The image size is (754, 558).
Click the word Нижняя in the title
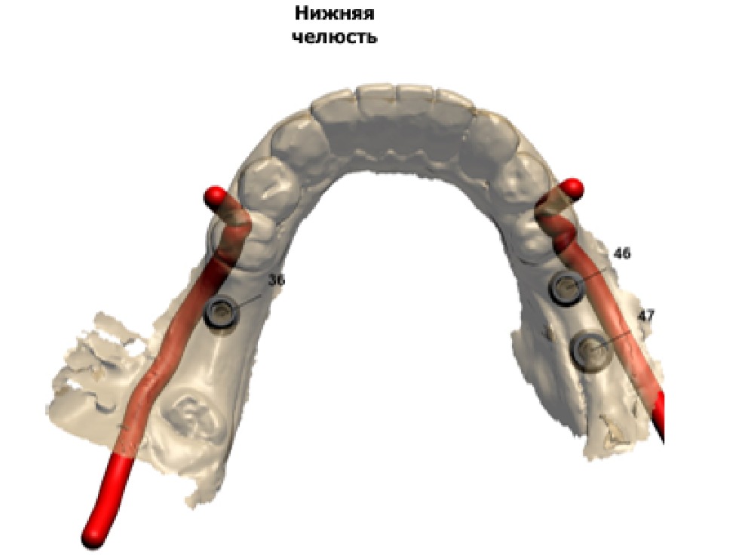click(x=334, y=13)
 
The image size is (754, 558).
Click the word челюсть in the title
click(x=336, y=37)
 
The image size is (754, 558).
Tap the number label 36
click(x=276, y=280)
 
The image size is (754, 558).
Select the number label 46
click(x=622, y=253)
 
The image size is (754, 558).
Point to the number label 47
click(x=646, y=316)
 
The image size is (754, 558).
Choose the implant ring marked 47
click(x=590, y=352)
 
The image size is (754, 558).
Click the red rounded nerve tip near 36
click(x=215, y=197)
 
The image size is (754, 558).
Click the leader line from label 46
click(x=593, y=276)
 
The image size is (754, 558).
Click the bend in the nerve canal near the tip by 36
click(x=240, y=220)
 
